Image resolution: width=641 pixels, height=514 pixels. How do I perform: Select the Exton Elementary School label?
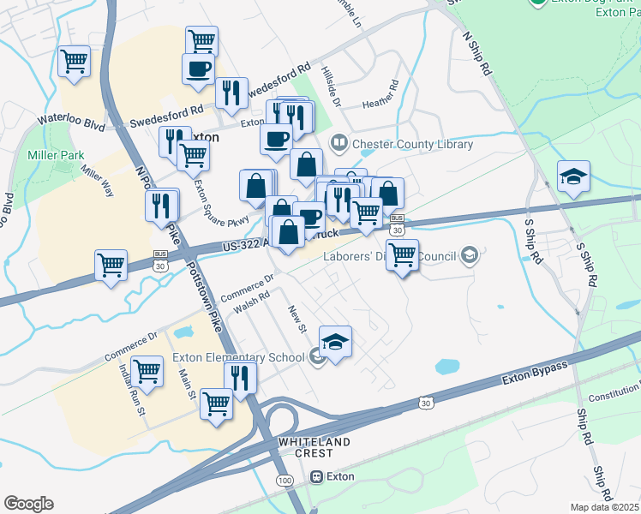(x=238, y=357)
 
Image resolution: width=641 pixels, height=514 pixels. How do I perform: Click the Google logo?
(x=28, y=504)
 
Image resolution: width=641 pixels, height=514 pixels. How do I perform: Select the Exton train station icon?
(x=317, y=476)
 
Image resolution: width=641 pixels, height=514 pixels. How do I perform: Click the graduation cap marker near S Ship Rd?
(x=573, y=177)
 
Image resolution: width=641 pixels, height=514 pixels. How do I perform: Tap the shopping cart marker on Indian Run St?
(x=147, y=372)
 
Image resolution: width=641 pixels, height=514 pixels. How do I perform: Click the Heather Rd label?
(x=380, y=93)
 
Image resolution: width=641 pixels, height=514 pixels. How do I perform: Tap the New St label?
(x=297, y=314)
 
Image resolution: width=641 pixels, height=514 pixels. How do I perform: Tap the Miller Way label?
(x=98, y=181)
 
